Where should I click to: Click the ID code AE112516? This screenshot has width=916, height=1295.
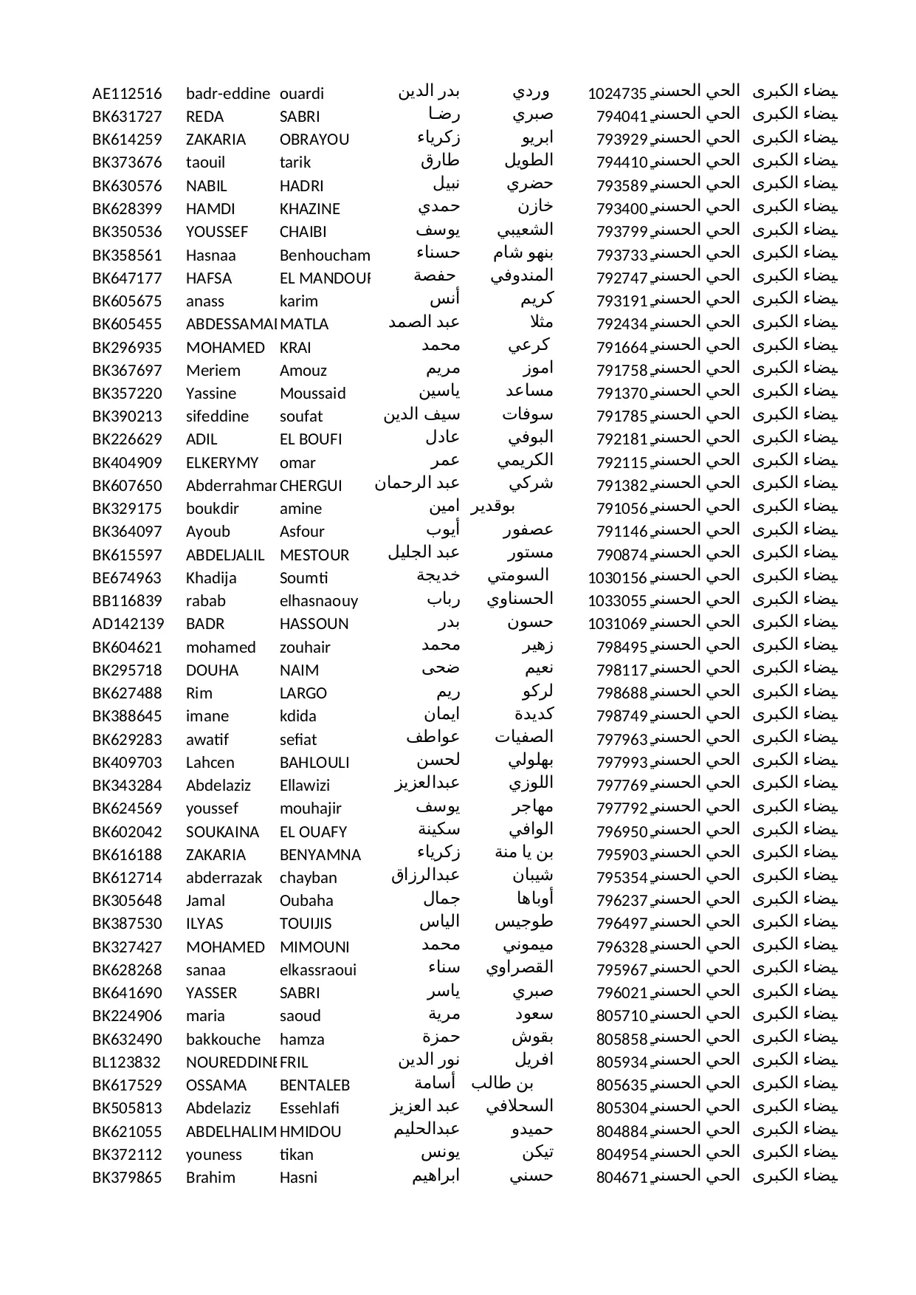point(127,94)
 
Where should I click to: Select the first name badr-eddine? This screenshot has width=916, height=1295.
point(227,94)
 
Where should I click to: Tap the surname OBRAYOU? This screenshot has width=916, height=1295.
point(314,140)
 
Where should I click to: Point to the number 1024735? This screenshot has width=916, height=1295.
point(617,94)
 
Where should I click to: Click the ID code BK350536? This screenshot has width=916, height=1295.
point(127,232)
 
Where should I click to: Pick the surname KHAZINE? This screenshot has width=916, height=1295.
point(310,209)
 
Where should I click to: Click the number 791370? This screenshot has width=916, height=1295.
point(621,394)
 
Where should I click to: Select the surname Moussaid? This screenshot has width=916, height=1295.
point(313,394)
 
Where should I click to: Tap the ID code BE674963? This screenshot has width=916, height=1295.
point(127,578)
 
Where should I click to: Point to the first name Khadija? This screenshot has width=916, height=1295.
point(211,578)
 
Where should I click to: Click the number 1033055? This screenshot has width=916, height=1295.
point(617,601)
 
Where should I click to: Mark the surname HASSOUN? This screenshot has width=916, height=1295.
point(314,624)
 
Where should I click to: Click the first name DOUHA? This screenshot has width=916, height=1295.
point(213,670)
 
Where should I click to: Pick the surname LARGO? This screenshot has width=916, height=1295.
point(303,693)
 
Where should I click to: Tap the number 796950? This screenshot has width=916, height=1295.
point(621,832)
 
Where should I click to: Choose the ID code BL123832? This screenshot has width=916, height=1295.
point(127,1062)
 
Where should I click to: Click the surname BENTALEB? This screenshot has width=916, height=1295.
point(314,1085)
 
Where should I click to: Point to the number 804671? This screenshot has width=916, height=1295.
point(621,1178)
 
